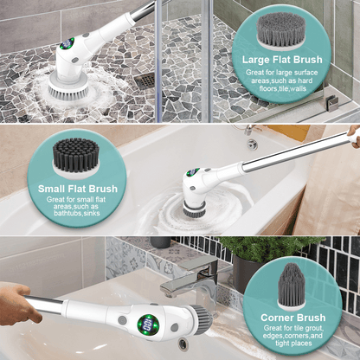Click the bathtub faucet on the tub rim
[252, 139]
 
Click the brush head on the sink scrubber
[202, 319]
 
